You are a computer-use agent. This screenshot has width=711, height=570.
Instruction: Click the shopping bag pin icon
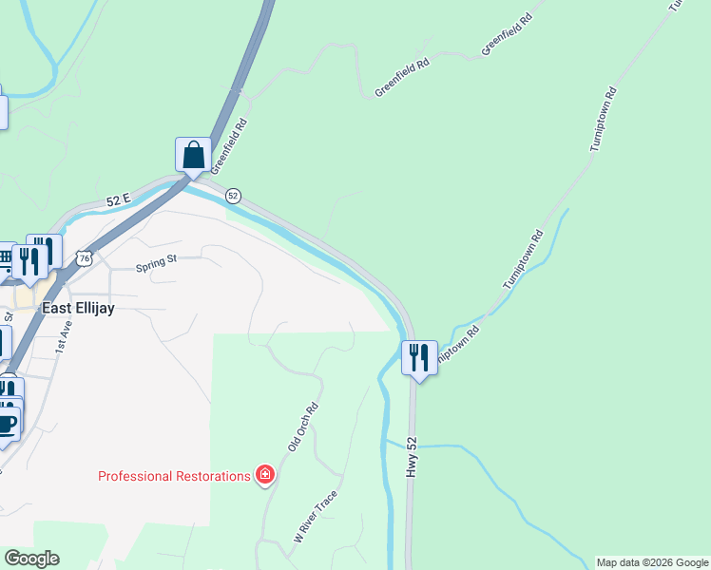point(193,155)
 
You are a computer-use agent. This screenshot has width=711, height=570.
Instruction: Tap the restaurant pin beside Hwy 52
point(418,358)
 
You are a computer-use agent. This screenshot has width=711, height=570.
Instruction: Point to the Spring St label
point(157,262)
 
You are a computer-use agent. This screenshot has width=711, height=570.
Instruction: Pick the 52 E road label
point(118,200)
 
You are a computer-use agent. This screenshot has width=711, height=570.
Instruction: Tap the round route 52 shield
point(233,196)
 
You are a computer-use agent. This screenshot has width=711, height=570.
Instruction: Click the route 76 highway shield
point(86,258)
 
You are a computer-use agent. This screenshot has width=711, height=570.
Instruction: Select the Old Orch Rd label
point(302,427)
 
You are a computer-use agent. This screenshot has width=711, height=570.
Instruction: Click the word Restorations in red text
point(215,476)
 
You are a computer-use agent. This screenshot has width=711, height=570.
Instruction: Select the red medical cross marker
point(265,475)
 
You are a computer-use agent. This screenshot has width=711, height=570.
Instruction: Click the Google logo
point(31,559)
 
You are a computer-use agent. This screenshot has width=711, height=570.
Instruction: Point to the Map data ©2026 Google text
point(652,562)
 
